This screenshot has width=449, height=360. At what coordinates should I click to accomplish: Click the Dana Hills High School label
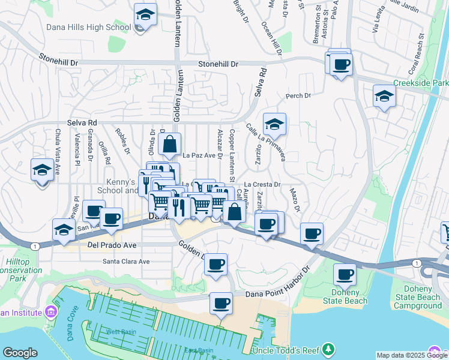[88, 28]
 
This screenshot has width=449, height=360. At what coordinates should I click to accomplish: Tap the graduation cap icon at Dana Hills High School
[145, 14]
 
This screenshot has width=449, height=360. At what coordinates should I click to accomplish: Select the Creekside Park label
[420, 83]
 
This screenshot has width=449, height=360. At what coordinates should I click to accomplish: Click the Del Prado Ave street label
[112, 245]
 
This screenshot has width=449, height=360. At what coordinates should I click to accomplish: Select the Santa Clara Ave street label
[126, 262]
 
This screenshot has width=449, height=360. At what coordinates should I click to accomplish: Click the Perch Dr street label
[298, 95]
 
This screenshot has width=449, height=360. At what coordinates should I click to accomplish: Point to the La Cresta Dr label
[262, 185]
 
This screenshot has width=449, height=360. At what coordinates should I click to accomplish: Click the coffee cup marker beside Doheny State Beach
[345, 275]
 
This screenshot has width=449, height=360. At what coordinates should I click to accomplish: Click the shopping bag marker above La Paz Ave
[170, 144]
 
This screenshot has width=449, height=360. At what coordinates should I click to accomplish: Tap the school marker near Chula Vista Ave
[42, 169]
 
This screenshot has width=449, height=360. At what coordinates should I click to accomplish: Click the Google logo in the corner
[20, 353]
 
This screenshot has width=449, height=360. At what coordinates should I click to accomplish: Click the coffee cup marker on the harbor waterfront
[221, 303]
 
